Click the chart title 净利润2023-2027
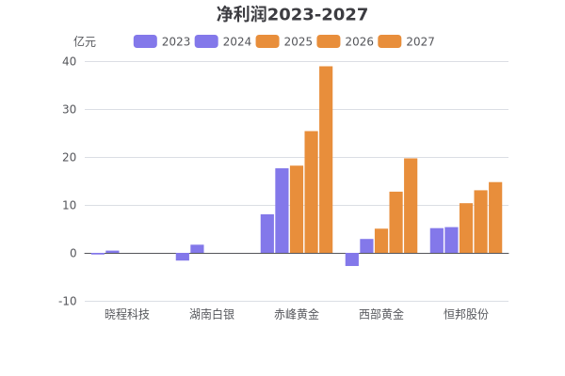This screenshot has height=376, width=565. [x=292, y=14]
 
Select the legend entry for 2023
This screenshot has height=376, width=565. [x=162, y=41]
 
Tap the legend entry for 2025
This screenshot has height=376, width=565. [x=284, y=41]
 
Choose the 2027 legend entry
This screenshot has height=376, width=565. [x=407, y=41]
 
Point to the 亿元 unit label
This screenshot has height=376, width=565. [x=85, y=41]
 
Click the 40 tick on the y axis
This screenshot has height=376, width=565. [x=69, y=61]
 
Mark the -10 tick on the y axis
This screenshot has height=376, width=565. [x=67, y=301]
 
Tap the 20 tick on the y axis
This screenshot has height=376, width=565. [x=69, y=157]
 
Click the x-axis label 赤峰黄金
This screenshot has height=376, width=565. [x=297, y=314]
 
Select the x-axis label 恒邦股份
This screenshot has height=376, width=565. [x=466, y=314]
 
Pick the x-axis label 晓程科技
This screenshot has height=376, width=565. [x=127, y=314]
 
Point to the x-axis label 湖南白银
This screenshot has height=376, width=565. [x=212, y=314]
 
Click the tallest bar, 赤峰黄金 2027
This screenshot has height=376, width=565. [x=326, y=160]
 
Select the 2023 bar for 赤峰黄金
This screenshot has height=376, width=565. [x=267, y=233]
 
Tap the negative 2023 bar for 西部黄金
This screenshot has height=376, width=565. [x=351, y=259]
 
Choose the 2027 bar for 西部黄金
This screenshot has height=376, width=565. [x=411, y=205]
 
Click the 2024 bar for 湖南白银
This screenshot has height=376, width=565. [x=197, y=249]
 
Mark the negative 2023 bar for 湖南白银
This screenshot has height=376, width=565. [x=182, y=257]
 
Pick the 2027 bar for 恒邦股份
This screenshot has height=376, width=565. [x=495, y=217]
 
